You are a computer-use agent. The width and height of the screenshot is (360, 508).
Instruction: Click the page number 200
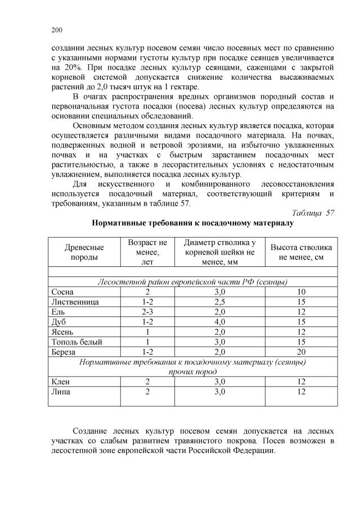[56, 30]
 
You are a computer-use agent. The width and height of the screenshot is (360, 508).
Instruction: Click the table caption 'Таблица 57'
[313, 213]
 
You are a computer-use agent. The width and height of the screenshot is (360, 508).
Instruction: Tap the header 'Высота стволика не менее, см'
[301, 252]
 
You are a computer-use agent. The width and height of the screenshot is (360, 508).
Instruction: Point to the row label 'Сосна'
[62, 292]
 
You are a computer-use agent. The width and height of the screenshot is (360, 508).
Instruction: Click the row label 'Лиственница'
[75, 302]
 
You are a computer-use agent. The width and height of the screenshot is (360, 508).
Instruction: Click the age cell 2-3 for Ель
[147, 312]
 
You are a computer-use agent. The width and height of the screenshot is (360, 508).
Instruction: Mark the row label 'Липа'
[61, 392]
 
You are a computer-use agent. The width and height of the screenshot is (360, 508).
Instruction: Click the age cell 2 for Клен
[147, 382]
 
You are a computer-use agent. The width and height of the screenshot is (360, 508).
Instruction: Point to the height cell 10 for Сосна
[301, 292]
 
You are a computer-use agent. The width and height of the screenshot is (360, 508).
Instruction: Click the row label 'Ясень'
[62, 332]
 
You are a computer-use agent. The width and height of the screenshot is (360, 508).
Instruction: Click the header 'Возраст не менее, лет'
[147, 252]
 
